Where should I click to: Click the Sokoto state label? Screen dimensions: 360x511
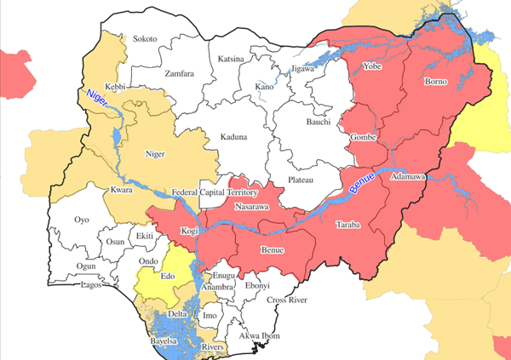point(146,39)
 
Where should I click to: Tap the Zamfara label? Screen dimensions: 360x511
point(180,73)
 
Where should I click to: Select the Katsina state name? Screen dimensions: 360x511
point(231,59)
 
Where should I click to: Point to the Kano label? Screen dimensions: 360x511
point(265,88)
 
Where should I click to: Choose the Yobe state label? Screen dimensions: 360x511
point(372,66)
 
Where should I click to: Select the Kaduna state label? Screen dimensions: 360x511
point(233,137)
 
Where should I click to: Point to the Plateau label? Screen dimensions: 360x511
point(299,180)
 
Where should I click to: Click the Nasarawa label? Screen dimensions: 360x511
point(252,207)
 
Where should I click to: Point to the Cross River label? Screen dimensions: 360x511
point(286,300)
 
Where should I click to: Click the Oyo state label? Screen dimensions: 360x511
point(82,220)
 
